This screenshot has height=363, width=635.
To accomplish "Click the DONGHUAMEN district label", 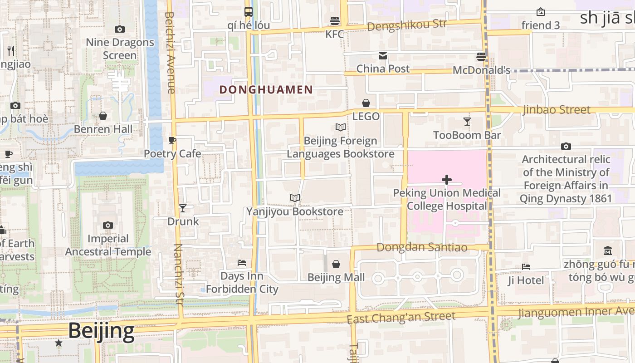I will coord(266,89).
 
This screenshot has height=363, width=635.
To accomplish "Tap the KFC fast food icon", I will coord(335,21).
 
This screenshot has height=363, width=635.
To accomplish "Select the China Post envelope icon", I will coord(383,56).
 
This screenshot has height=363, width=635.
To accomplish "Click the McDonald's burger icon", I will coord(481,57).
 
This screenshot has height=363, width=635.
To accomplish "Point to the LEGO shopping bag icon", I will coord(366,103).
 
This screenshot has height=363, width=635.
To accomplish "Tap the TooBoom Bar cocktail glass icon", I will coord(467,122).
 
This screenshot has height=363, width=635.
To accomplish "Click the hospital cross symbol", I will coord(447,180).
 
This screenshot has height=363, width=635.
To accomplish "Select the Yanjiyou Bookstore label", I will coord(294,211).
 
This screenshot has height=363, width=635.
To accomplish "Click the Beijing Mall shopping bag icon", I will coord(336,264).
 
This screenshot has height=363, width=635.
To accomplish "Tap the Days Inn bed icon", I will coord(242,263).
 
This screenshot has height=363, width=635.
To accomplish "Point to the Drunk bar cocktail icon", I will coord(183,208).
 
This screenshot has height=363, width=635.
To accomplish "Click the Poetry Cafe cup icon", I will coord(172,141).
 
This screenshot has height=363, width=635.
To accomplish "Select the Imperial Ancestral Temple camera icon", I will coord(107,225).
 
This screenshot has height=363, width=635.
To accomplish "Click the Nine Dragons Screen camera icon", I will coord(120,29).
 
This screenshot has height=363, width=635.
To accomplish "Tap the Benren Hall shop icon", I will coord(103,116).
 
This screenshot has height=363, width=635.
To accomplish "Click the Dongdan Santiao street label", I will coord(422,247).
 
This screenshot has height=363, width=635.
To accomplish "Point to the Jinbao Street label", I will coord(557,110).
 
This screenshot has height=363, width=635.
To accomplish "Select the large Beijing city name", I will coord(101,331).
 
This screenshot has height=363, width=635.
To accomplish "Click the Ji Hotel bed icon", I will coord(526,267).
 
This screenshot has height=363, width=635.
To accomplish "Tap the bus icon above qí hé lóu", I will coord(249,12).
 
